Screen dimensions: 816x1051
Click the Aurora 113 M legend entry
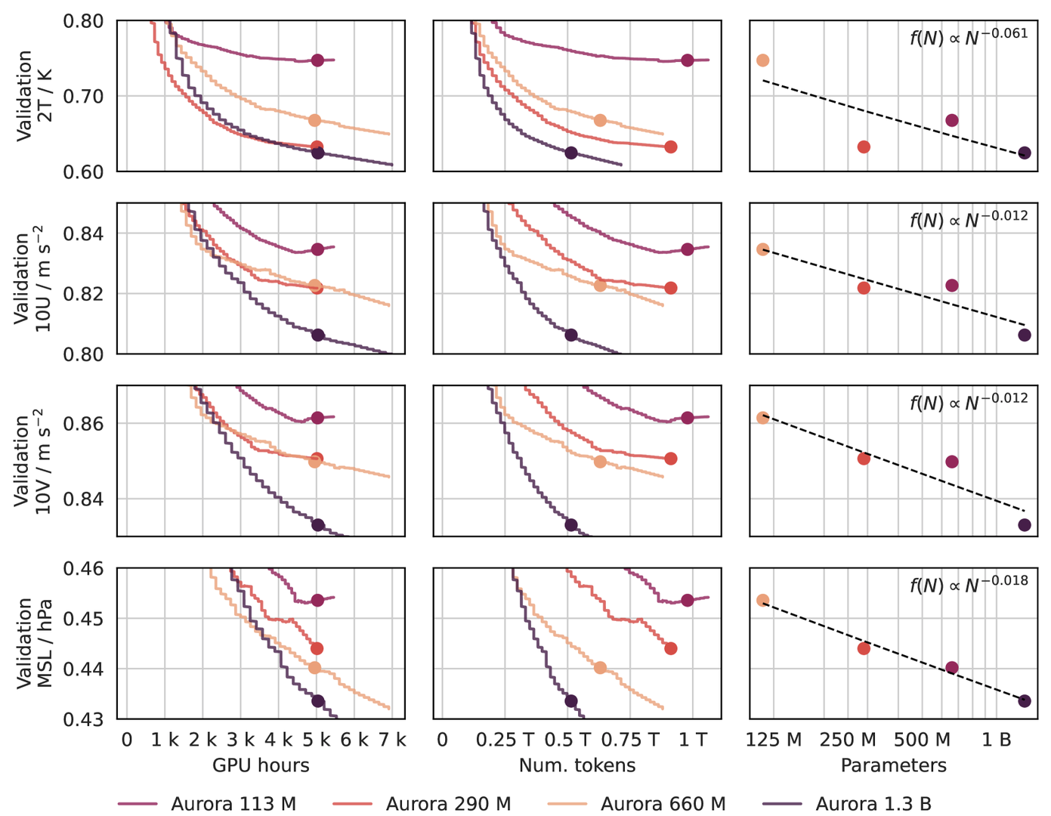(x=233, y=804)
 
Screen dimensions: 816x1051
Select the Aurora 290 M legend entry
(x=448, y=804)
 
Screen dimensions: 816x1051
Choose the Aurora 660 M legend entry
(x=663, y=804)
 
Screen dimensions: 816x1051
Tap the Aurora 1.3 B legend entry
(x=873, y=804)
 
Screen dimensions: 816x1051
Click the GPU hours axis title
(x=261, y=765)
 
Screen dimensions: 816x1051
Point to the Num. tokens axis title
(x=577, y=765)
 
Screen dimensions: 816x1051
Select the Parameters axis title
(x=893, y=765)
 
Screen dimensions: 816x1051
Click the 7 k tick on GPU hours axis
(x=391, y=740)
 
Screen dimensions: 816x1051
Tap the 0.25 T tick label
(x=505, y=740)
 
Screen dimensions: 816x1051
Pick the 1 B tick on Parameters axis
(x=996, y=740)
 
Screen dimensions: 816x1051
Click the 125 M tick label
(x=774, y=740)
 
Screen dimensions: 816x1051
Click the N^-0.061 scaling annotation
(x=969, y=36)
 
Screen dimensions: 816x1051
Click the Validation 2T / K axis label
(x=34, y=96)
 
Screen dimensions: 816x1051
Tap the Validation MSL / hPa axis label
(x=34, y=643)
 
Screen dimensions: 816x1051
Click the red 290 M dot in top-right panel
(x=864, y=147)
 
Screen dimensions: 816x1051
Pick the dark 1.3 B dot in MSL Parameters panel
(x=1025, y=701)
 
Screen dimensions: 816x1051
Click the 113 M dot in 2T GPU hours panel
(x=317, y=60)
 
